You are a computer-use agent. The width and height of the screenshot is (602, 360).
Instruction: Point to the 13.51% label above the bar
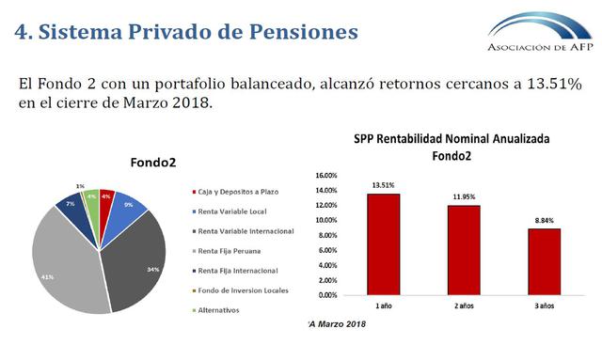(382, 184)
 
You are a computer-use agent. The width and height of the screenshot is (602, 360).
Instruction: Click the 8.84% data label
(544, 220)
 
